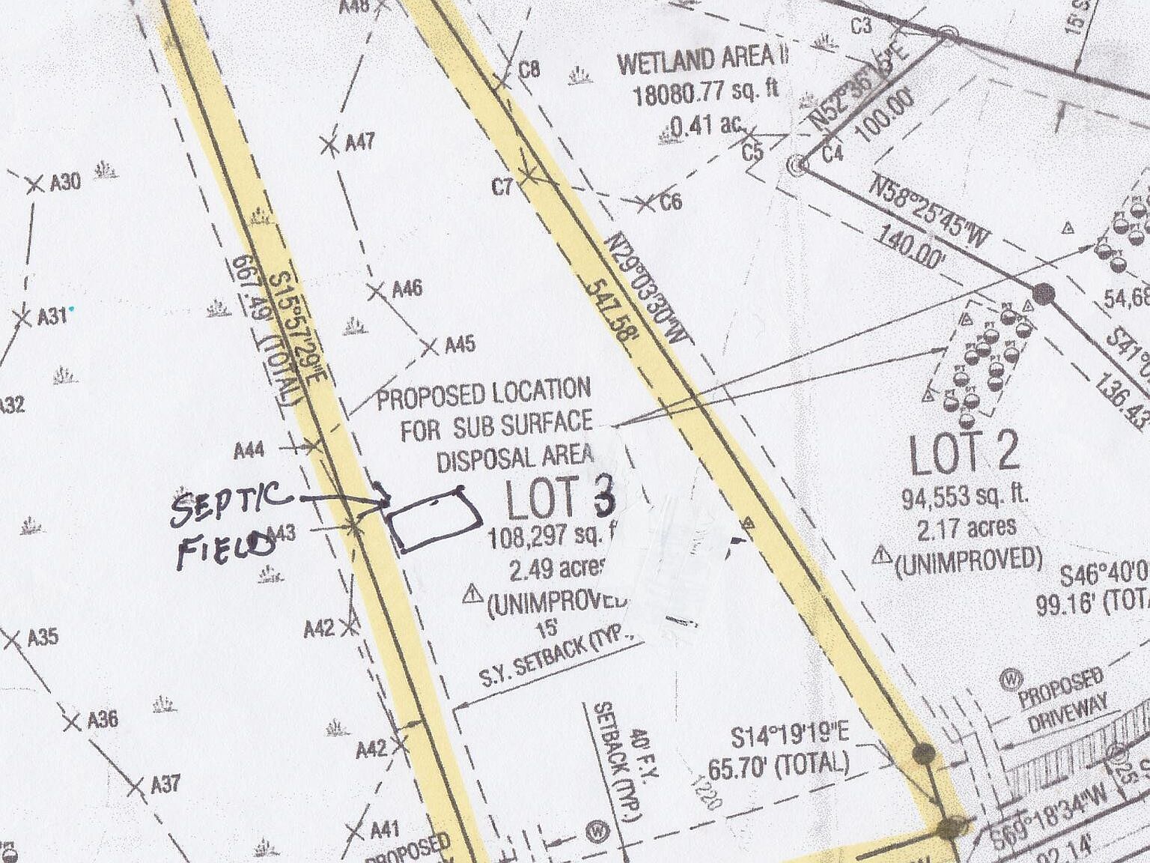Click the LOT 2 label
pos(964,454)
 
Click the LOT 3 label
pos(560,499)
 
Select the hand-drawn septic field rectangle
pos(435,520)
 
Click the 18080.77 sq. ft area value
pos(705,93)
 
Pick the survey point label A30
pos(64,182)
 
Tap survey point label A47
pos(359,142)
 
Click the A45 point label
pos(460,345)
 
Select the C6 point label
pos(671,202)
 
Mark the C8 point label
pos(529,70)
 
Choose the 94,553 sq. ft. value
pos(965,496)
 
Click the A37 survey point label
pos(165,784)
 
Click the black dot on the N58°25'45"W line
pos(1044,293)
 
